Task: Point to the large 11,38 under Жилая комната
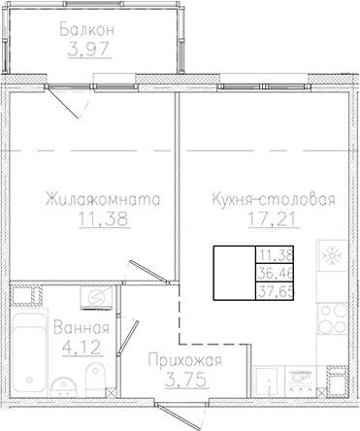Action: [x=102, y=220]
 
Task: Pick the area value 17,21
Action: [x=273, y=220]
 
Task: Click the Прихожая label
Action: [x=185, y=362]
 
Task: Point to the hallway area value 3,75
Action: [x=185, y=380]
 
